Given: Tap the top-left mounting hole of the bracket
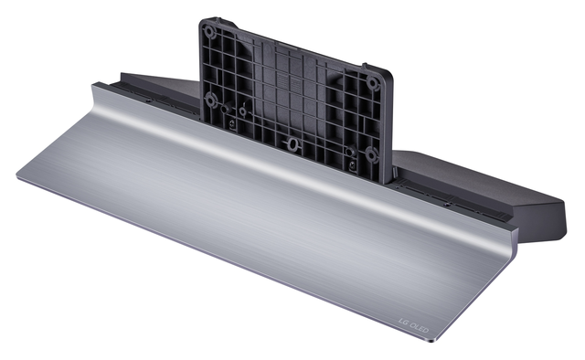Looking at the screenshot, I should [x=209, y=30].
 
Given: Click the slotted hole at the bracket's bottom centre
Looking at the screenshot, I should [x=292, y=143].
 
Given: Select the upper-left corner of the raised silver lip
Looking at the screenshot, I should [x=94, y=86].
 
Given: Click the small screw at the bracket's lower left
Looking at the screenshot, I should [x=232, y=122].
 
